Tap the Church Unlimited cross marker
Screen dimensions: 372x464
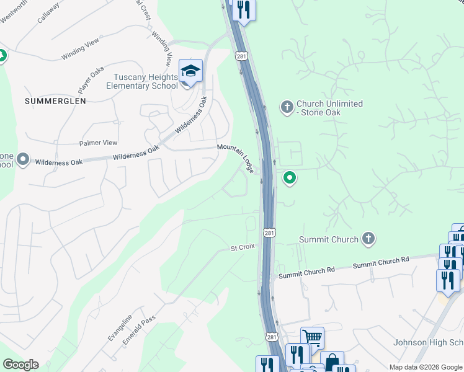click(x=287, y=107)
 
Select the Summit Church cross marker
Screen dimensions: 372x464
click(x=368, y=238)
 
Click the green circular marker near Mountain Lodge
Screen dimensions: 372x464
click(x=289, y=179)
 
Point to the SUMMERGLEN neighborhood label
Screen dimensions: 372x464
click(x=55, y=100)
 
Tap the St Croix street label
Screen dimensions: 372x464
click(x=243, y=247)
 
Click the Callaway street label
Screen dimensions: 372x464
click(x=48, y=12)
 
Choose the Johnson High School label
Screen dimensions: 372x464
click(x=428, y=343)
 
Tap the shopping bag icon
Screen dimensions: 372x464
click(x=332, y=361)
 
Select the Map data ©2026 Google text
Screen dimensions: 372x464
click(x=426, y=367)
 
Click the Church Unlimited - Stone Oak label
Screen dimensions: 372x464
click(x=329, y=108)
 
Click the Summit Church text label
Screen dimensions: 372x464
click(x=328, y=239)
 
